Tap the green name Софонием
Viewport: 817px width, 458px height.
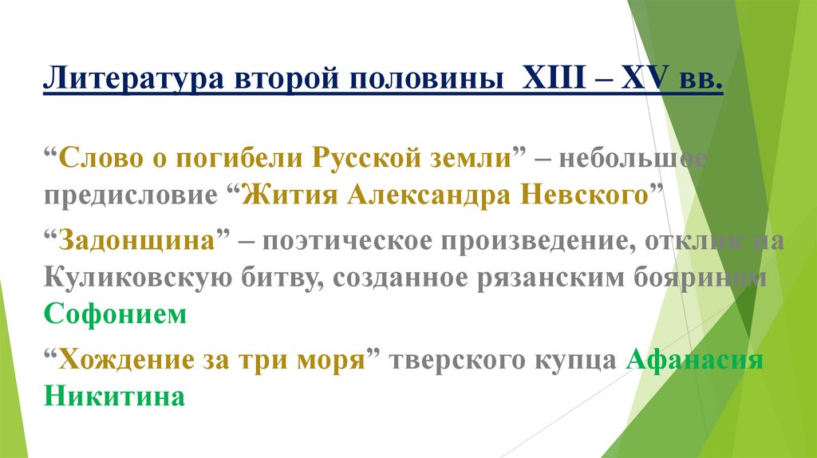[115, 314]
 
